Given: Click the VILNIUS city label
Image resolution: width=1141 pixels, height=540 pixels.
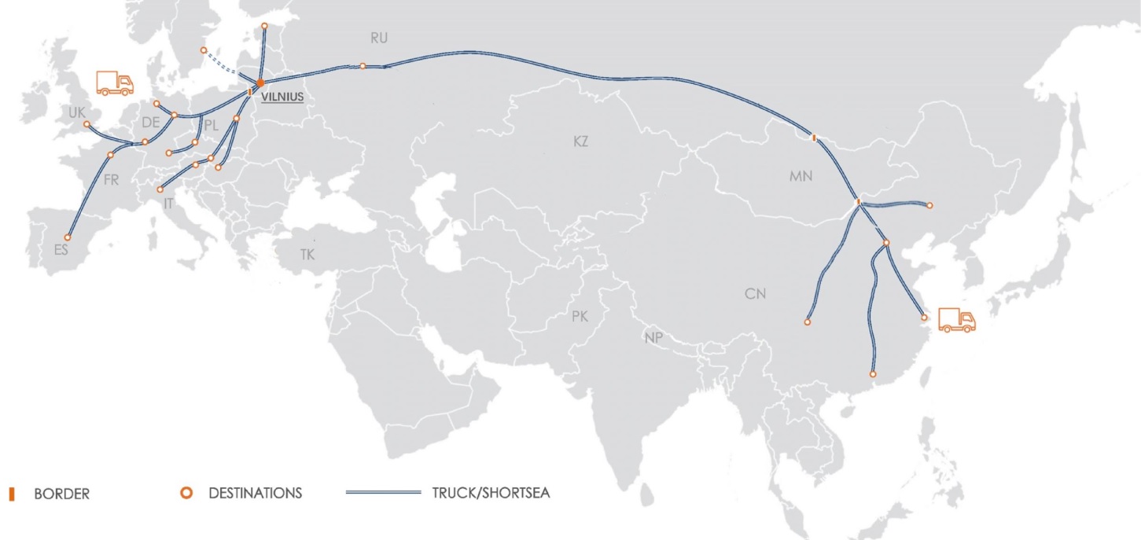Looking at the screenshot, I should coord(282,97).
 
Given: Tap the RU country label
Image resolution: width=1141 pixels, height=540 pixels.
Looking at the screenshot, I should coord(379,38).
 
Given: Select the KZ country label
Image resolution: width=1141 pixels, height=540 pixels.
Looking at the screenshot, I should coord(580,142).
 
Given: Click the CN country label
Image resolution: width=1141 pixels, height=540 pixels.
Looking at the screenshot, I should coord(755,294).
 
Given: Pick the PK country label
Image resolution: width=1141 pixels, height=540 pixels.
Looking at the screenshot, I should coord(580,317).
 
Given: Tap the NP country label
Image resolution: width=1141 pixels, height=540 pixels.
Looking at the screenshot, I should coord(653,338).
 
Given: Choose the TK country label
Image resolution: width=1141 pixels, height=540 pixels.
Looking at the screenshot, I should coord(307,255).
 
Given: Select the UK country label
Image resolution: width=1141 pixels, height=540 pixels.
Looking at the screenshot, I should coord(76,113).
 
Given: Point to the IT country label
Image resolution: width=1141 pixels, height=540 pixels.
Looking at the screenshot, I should coord(167,204).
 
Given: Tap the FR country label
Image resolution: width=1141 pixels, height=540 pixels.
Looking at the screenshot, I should coord(111,180).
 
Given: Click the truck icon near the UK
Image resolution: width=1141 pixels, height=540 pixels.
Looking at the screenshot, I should coord(114,83).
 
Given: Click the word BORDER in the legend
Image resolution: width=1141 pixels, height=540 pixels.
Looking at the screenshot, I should coord(61,494).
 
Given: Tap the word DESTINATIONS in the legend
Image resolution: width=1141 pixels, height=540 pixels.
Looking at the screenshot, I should coord(255,494).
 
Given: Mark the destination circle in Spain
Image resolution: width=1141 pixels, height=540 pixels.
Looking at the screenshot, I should coord(68,237).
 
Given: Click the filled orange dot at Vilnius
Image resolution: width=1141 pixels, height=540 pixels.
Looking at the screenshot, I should coord(260,83).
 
